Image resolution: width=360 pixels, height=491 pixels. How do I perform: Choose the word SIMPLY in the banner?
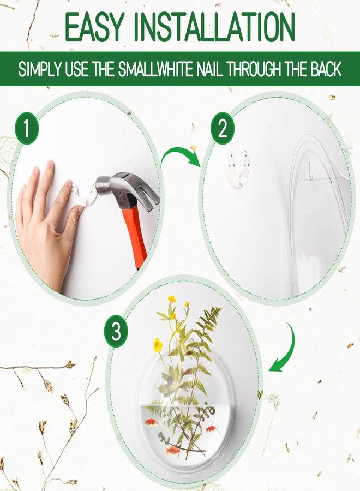pyautogui.click(x=40, y=70)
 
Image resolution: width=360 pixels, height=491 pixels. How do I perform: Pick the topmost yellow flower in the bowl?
pyautogui.click(x=172, y=299)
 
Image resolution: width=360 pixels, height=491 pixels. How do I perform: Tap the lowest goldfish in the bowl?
pyautogui.click(x=174, y=450)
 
